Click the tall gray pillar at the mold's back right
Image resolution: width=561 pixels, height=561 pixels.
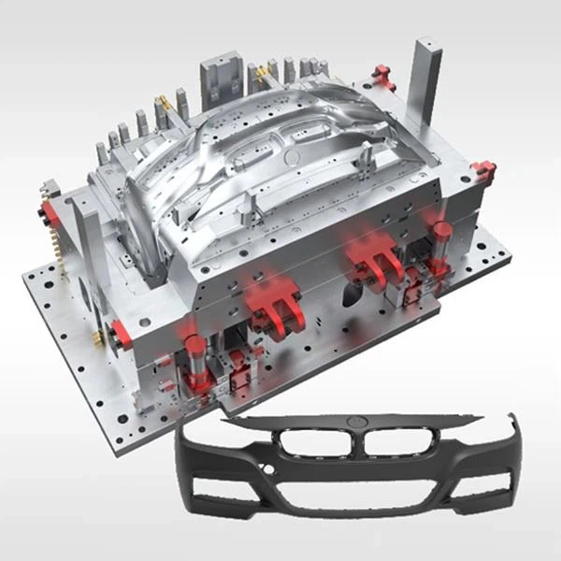(x=427, y=84)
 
